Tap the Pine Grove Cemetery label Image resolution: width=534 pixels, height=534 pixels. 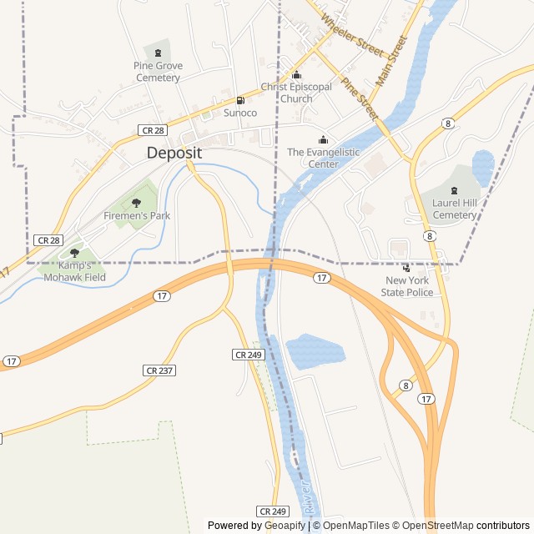coord(158,72)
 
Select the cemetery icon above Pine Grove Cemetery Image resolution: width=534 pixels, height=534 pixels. coord(158,53)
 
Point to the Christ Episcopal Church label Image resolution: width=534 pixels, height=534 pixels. coord(296,93)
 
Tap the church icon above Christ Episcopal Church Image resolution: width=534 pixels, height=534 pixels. coord(296,74)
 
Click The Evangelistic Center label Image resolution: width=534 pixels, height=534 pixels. coord(324,159)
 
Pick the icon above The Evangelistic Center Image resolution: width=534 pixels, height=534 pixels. coord(324,139)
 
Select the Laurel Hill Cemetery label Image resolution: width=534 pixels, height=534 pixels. coord(455,209)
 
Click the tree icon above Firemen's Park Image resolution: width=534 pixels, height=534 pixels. coord(137,203)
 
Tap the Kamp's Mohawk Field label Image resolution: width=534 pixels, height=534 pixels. coord(75,271)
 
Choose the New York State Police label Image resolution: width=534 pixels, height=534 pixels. coord(407,286)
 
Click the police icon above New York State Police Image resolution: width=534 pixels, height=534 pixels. coord(406,268)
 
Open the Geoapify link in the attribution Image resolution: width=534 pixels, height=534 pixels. coord(285,526)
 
